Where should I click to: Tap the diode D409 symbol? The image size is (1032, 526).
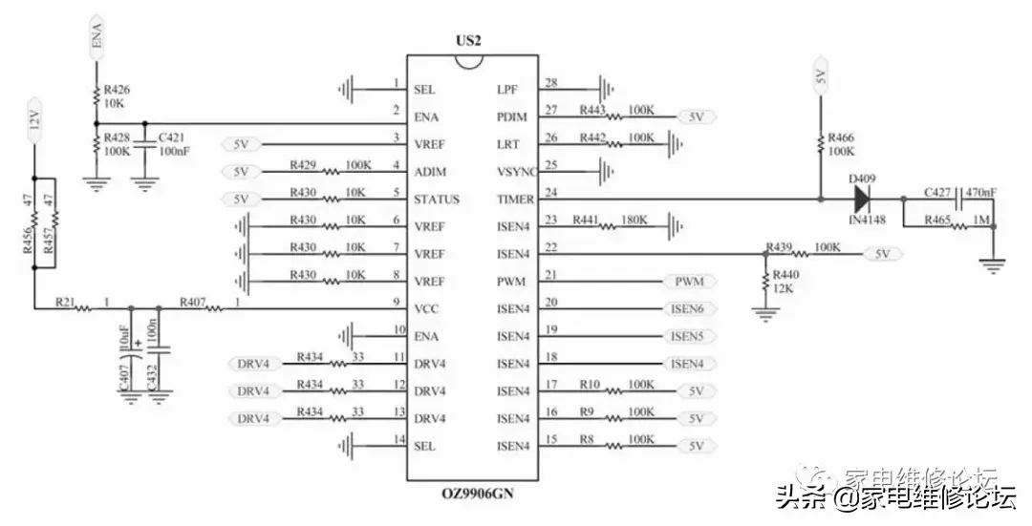pyautogui.click(x=861, y=199)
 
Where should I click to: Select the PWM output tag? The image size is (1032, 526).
pyautogui.click(x=688, y=282)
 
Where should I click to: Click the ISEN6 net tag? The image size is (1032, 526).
pyautogui.click(x=688, y=309)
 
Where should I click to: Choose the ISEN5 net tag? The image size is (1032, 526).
pyautogui.click(x=688, y=336)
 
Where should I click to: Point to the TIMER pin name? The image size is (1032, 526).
pyautogui.click(x=517, y=199)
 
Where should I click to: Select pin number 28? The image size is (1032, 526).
pyautogui.click(x=551, y=85)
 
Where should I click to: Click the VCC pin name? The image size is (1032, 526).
pyautogui.click(x=425, y=308)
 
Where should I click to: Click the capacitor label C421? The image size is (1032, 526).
pyautogui.click(x=172, y=137)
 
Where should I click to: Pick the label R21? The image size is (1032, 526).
pyautogui.click(x=65, y=302)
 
